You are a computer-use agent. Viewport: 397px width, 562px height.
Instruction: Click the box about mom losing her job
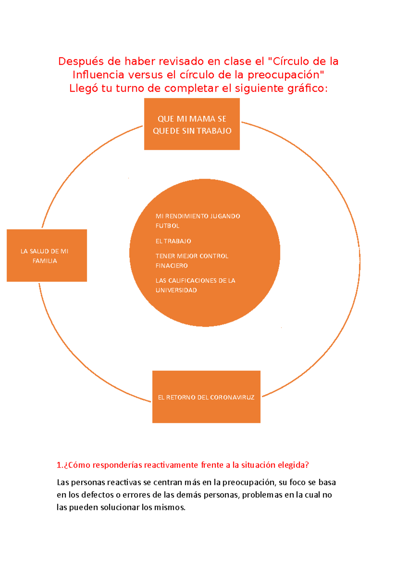192,124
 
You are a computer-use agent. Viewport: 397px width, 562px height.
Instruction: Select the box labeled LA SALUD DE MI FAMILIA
47,256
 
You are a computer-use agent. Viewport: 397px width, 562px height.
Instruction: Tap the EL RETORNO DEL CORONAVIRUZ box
206,397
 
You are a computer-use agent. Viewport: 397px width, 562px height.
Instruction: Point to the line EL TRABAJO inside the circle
173,241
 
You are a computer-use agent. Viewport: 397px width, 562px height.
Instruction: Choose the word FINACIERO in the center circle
171,265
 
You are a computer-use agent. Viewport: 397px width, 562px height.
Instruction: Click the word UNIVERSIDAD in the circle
176,290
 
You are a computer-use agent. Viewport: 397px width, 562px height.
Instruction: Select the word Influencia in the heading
98,75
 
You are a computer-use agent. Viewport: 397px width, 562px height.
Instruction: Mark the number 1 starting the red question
59,465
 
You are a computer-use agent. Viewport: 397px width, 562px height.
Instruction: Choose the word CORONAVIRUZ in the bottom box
232,397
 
